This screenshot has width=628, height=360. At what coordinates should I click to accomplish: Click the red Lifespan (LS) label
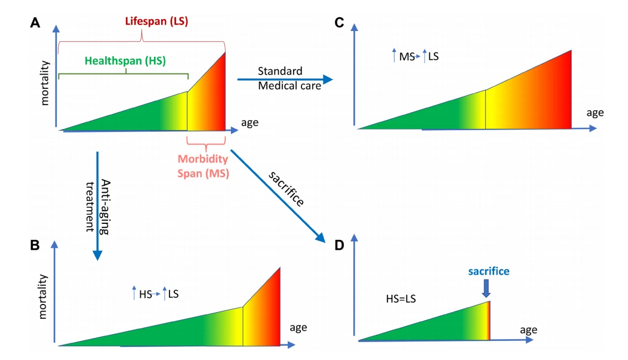point(156,21)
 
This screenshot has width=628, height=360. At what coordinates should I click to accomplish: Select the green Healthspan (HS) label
point(125,61)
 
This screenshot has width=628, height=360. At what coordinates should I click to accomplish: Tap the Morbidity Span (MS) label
point(203,166)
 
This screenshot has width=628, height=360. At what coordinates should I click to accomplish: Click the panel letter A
point(35,23)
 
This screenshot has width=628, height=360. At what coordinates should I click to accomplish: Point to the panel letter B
point(35,245)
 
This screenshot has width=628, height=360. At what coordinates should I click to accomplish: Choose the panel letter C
point(339,23)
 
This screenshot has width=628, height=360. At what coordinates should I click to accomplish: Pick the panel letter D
point(339,245)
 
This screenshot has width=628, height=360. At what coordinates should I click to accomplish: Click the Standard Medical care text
point(289,78)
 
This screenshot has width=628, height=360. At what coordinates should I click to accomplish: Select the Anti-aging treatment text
point(98,206)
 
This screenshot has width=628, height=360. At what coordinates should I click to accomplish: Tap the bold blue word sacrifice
point(489,272)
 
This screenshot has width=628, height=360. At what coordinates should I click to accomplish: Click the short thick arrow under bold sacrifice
point(486,288)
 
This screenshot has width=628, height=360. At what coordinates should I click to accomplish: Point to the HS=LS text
point(401,299)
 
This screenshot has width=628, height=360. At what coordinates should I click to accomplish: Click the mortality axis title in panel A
point(45,83)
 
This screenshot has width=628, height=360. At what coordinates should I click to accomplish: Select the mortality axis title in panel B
point(42,297)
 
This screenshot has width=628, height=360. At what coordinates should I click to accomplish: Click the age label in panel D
point(529,330)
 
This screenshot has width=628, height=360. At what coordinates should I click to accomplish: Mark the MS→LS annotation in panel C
point(415,56)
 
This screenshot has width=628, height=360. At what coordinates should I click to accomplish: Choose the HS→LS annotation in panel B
point(155,294)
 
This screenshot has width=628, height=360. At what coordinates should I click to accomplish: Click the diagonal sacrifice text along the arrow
point(286,189)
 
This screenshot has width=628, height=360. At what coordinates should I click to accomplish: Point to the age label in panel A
point(250,123)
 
